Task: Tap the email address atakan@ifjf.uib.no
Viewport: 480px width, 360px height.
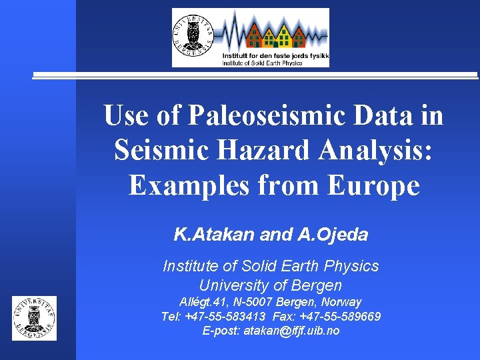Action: [291, 331]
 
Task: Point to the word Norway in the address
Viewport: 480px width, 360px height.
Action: [341, 301]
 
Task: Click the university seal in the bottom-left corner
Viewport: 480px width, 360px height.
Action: [35, 318]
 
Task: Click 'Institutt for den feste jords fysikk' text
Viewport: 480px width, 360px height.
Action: [275, 55]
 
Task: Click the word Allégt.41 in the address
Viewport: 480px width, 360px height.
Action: [203, 301]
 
